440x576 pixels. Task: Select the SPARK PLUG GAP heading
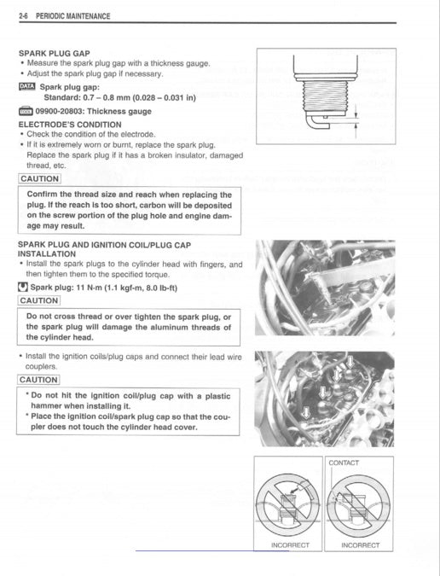click(x=55, y=53)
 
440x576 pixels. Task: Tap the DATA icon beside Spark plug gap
click(x=26, y=86)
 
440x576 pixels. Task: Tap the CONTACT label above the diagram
click(x=343, y=463)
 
